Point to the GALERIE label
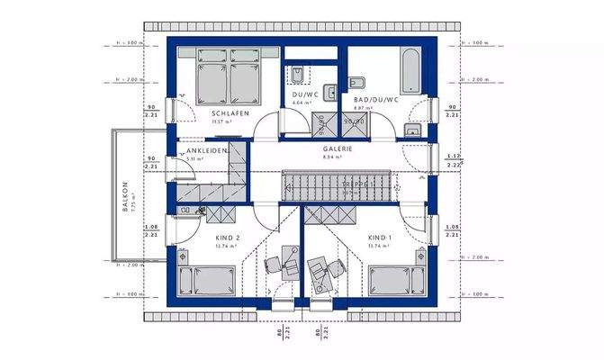pyautogui.click(x=338, y=148)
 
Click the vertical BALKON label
pyautogui.click(x=126, y=197)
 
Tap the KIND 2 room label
pyautogui.click(x=203, y=238)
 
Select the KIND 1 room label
pyautogui.click(x=380, y=238)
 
